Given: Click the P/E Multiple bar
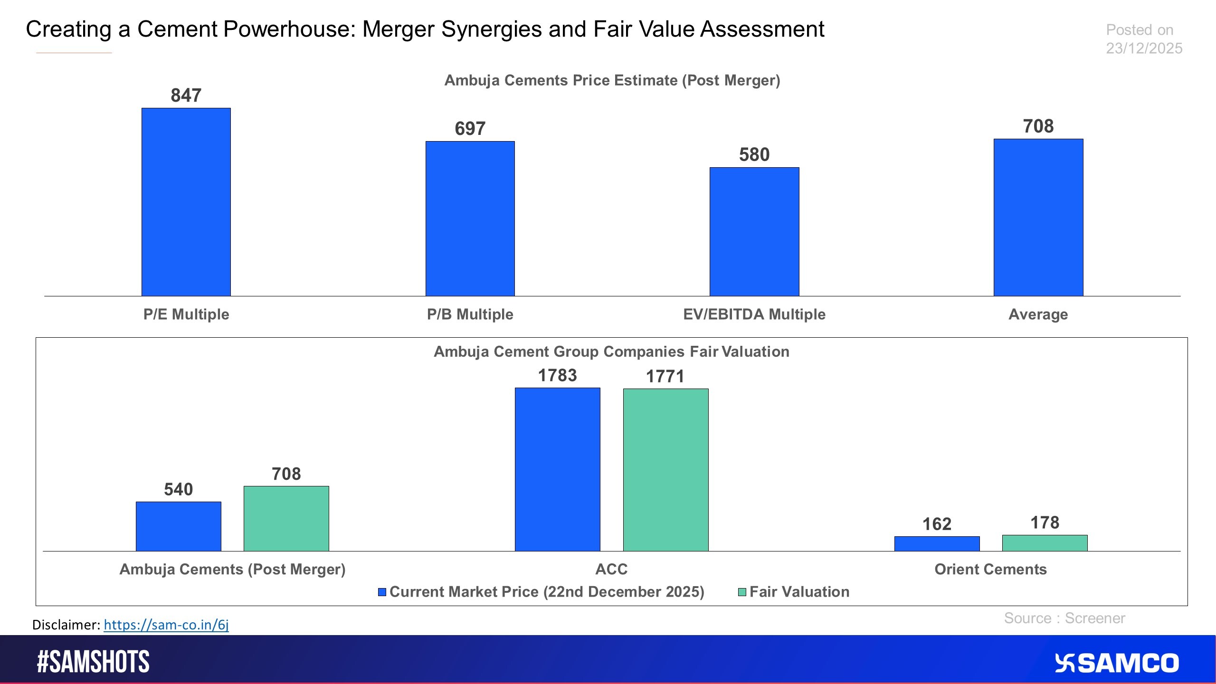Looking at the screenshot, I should coord(186,202).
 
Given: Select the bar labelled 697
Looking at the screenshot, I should coord(470,218).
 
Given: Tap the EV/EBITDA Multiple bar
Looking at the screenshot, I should coord(754,231).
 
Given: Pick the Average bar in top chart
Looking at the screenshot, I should coord(1038,217).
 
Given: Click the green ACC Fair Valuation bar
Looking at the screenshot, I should coord(665,470).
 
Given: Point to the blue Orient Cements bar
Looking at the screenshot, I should coord(937,543).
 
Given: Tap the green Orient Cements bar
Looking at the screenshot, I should coord(1045,543).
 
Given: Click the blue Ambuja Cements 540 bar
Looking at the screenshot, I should coord(178,526).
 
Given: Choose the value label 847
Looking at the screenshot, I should coord(186,95).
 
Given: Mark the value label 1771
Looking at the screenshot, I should coord(665,377).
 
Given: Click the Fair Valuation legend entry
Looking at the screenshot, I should coord(794,592).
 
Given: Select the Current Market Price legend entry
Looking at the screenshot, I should coord(541,592).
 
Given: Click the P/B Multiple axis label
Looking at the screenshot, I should coord(470,314).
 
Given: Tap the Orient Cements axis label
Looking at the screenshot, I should coord(990,569).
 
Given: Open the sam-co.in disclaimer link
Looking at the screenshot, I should coord(166,625).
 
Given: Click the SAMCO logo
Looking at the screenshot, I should coord(1116,663).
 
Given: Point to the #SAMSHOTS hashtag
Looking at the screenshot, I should coord(93,662).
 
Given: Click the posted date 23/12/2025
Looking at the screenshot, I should coord(1144,48).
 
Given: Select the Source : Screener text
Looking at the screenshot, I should coord(1064,618).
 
